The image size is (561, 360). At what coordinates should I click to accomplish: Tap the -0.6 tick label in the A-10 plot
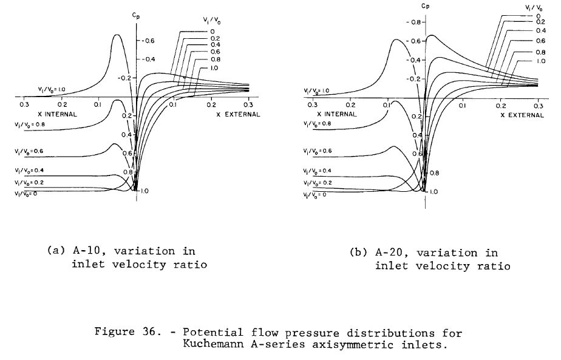[149, 41]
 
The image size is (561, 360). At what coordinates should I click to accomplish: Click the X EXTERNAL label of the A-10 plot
[237, 114]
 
